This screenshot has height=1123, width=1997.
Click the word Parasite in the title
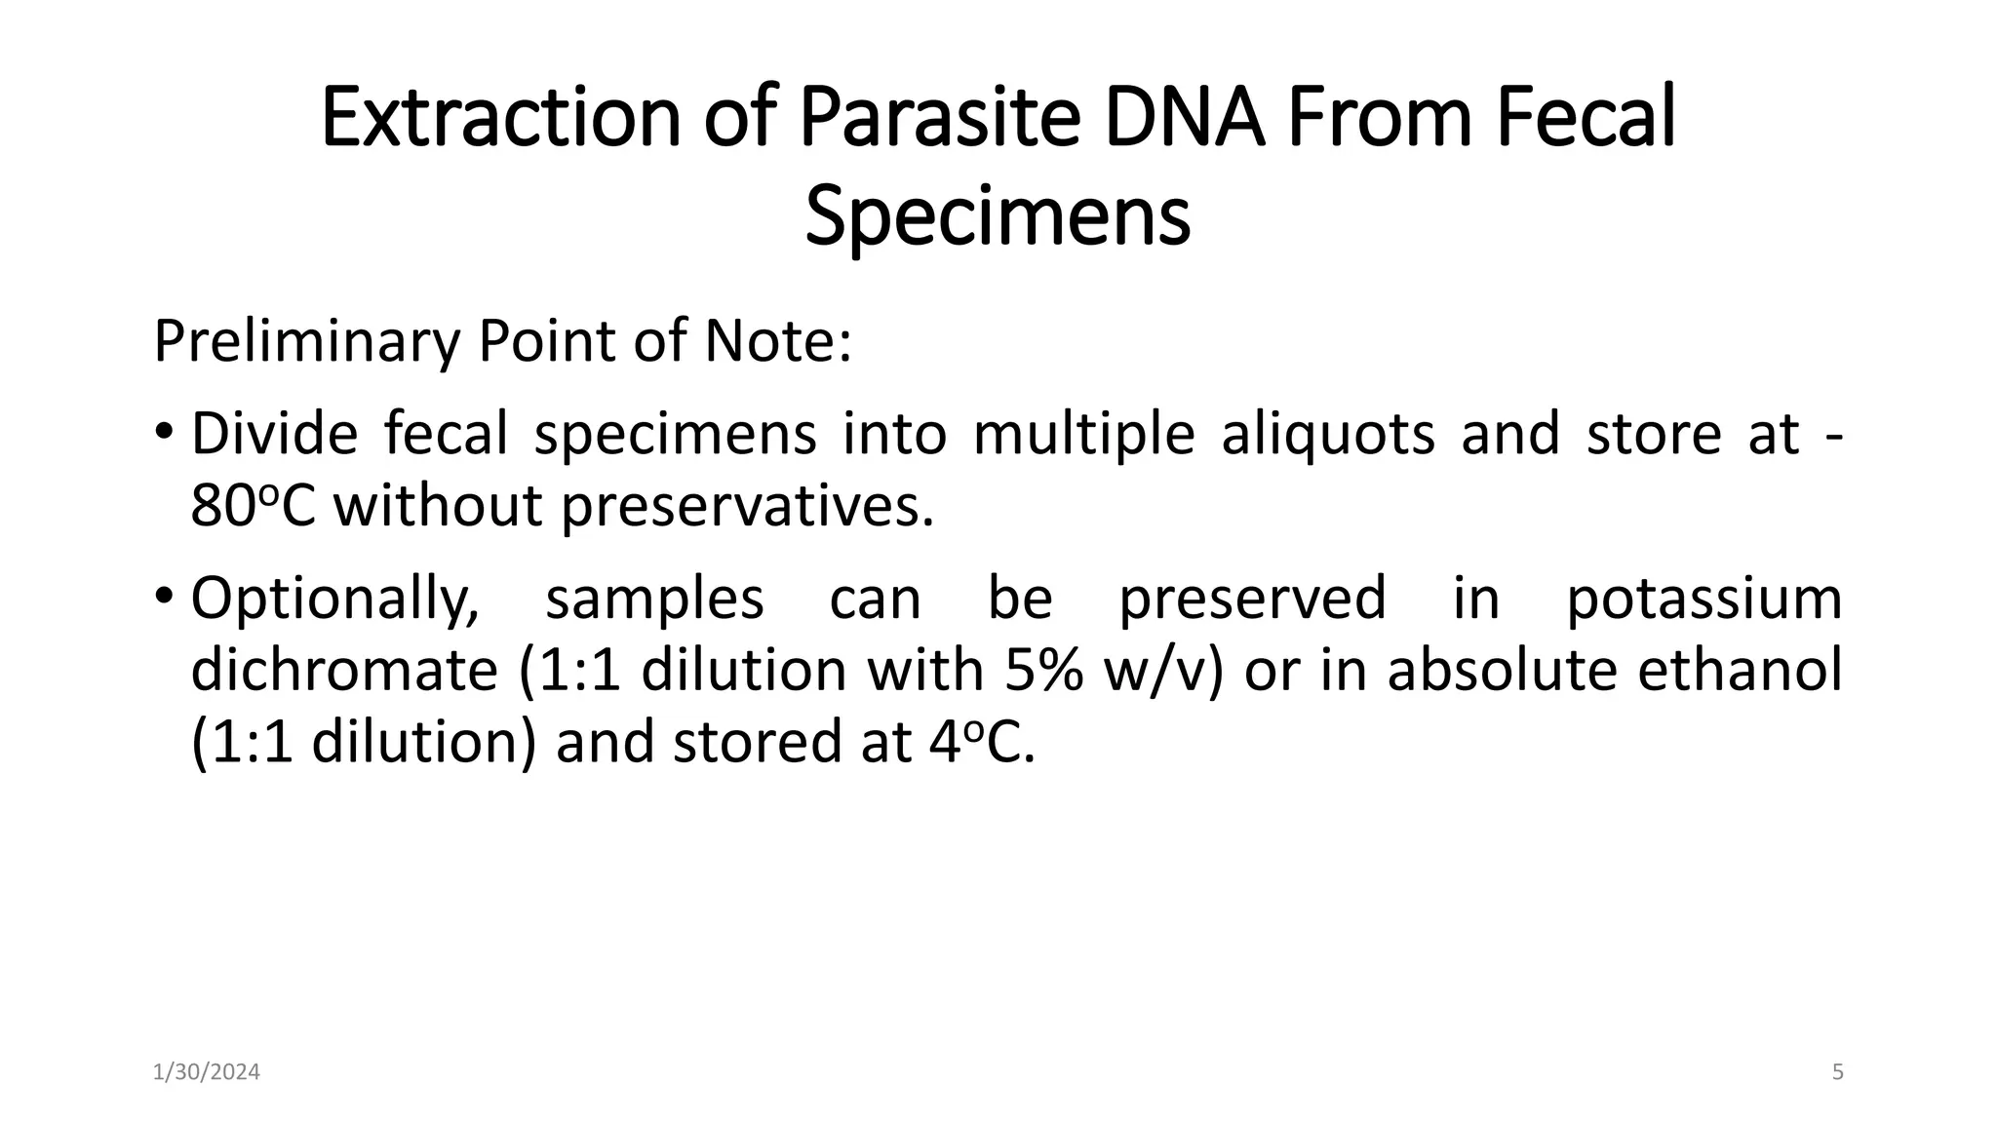point(939,117)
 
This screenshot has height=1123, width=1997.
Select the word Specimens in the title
point(998,218)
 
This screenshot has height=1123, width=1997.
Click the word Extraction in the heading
point(500,117)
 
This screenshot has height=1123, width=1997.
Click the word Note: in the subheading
point(778,342)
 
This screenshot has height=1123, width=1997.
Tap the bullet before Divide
point(164,430)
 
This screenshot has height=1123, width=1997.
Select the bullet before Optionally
point(164,594)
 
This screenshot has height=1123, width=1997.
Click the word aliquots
point(1328,434)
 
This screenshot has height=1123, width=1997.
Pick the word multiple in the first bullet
point(1083,434)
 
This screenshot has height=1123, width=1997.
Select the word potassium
point(1703,598)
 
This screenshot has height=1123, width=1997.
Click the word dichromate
point(344,671)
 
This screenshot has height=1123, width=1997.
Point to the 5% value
point(1043,671)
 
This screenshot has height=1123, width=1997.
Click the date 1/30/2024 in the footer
point(207,1072)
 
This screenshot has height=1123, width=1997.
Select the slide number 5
point(1838,1072)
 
